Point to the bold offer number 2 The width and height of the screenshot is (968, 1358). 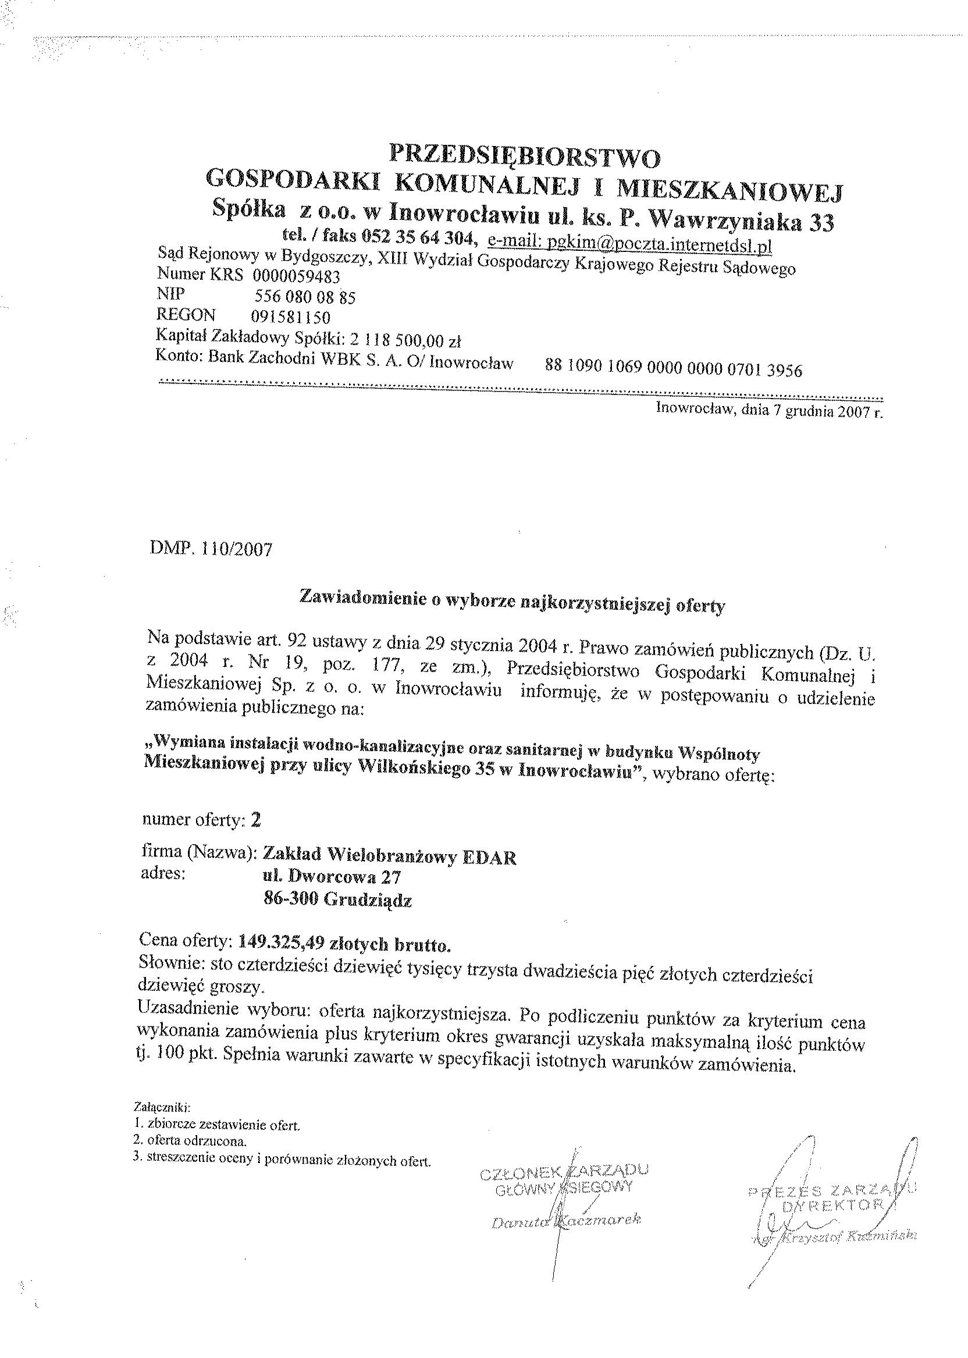[x=256, y=820]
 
